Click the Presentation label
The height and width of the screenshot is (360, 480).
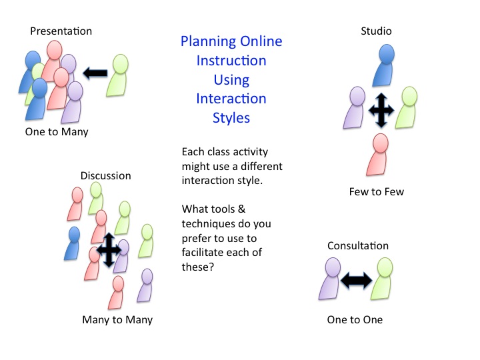point(61,31)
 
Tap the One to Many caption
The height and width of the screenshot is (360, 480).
point(57,132)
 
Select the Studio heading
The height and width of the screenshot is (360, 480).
point(376,31)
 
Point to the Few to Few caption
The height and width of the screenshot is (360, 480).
point(377,191)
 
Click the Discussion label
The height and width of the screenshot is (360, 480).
point(105,176)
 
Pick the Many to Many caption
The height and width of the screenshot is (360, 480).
point(117,320)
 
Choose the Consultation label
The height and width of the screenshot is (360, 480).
point(358,246)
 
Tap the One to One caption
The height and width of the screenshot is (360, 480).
point(355,320)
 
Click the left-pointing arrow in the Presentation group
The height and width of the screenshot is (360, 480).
point(95,73)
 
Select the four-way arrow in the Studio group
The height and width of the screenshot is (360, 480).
point(381,110)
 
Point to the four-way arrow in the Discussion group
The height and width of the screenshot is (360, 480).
point(109,250)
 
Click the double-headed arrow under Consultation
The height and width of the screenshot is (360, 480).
point(356,281)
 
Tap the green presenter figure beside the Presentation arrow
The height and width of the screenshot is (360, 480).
point(117,75)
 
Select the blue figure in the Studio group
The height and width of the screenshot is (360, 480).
point(383,65)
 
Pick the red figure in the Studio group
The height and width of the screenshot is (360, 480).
point(377,155)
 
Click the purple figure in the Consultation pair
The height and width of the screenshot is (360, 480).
point(330,279)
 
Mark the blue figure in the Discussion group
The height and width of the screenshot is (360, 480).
point(72,243)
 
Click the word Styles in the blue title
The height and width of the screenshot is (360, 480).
point(231,118)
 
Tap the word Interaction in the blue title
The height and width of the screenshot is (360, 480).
point(231,99)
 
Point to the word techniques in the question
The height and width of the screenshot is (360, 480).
point(211,224)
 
